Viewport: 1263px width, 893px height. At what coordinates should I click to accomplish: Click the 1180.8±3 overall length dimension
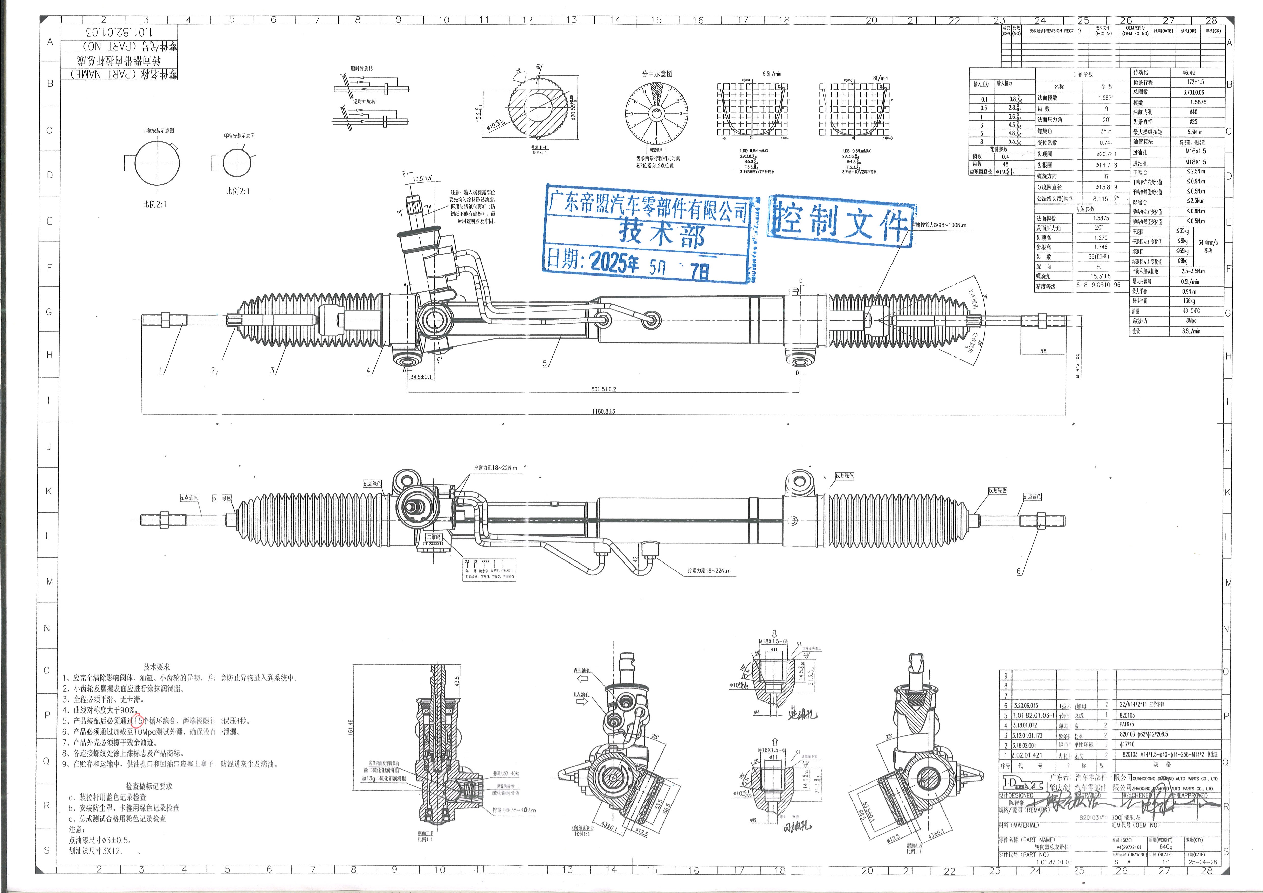(x=603, y=411)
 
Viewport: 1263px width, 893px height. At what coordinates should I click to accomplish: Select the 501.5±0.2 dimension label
(x=603, y=389)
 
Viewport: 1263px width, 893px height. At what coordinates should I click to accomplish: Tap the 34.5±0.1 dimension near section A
(x=421, y=377)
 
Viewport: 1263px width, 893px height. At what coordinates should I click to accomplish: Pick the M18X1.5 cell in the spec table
(x=1195, y=162)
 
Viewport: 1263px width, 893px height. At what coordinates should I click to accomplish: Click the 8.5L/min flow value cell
(x=1191, y=331)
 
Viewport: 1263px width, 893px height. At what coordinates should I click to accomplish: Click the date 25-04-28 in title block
(x=1202, y=862)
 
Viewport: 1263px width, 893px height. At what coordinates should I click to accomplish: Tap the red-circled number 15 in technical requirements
(x=138, y=720)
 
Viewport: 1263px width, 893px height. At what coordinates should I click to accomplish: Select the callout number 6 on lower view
(x=1018, y=572)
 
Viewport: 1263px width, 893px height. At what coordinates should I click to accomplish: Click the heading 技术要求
(x=157, y=666)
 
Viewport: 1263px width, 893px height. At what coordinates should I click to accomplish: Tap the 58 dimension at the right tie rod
(x=1044, y=351)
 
